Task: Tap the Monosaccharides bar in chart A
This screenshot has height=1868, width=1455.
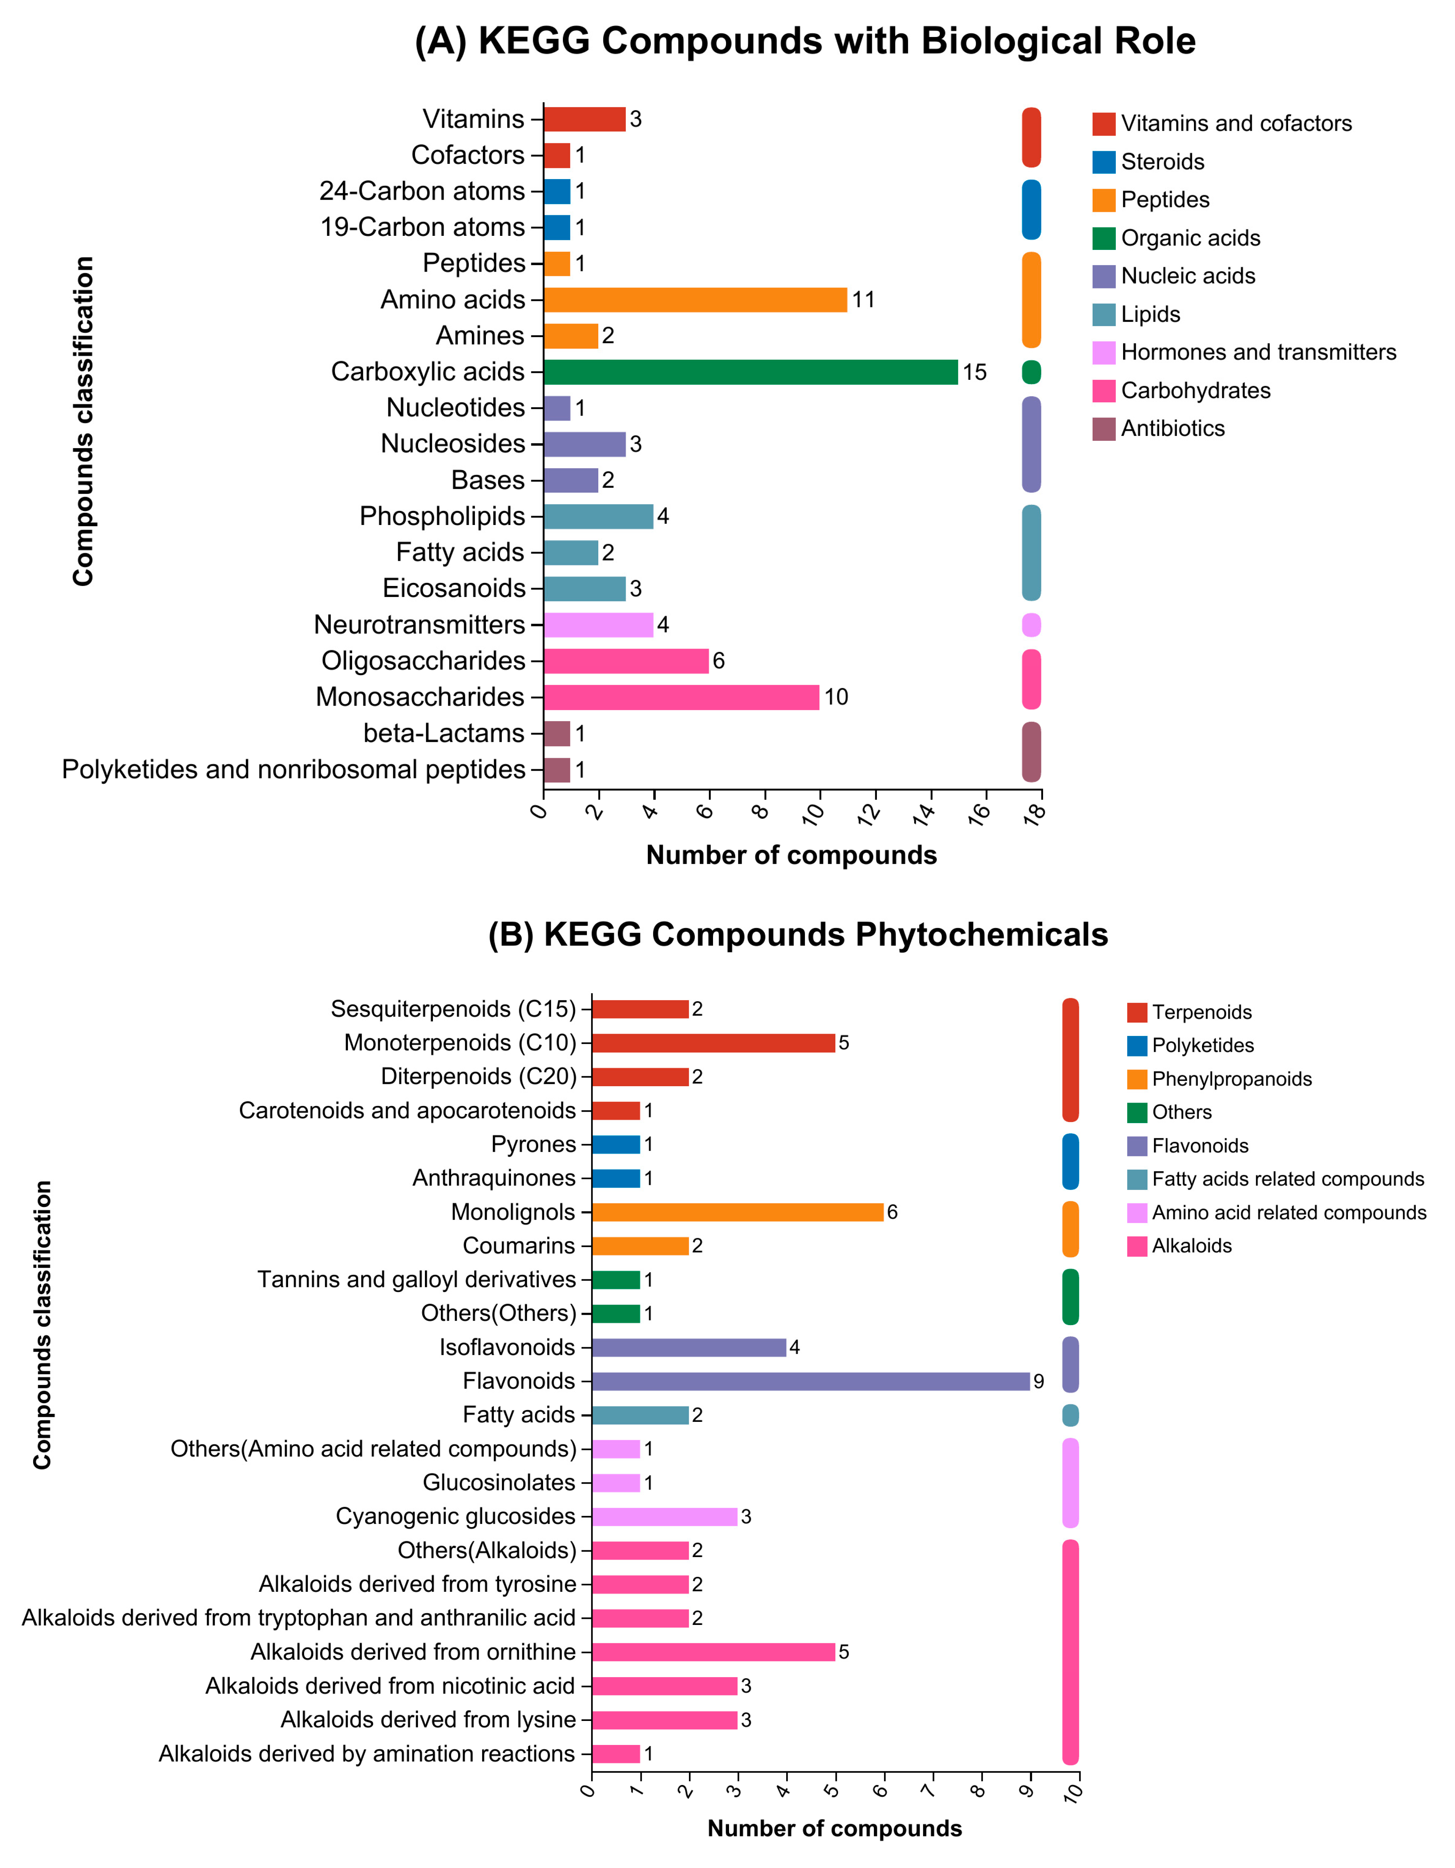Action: [681, 697]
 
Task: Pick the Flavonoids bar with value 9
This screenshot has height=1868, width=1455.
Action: [810, 1381]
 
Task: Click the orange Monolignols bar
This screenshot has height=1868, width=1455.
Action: [737, 1212]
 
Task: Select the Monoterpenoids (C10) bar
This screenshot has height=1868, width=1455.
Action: [713, 1043]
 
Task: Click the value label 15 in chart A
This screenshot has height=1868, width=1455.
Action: [974, 372]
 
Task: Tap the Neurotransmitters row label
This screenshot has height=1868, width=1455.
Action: [419, 625]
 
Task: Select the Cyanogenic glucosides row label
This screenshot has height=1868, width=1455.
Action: [455, 1516]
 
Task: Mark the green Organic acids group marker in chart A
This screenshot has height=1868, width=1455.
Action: [1032, 372]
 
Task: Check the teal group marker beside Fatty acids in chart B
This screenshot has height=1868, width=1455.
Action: [1070, 1415]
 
